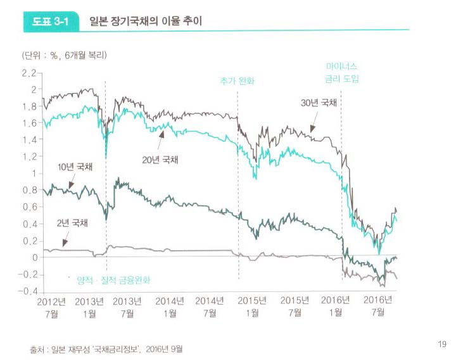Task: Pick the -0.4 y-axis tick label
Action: [x=27, y=291]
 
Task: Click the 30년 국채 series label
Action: [x=319, y=103]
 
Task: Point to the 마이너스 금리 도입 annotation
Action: [x=342, y=72]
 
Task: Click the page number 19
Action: [x=442, y=344]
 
